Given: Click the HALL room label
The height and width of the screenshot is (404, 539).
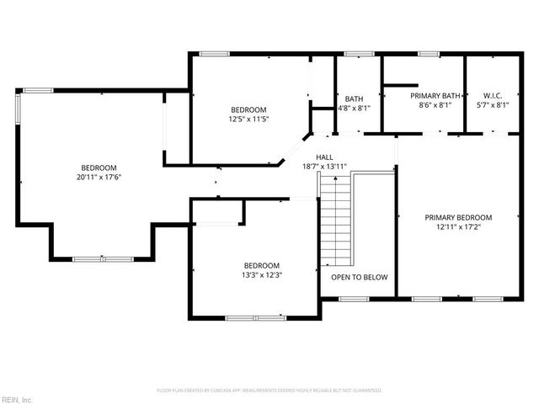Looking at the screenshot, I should click(x=324, y=157).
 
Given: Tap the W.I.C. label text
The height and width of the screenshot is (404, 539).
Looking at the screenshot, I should click(x=493, y=96).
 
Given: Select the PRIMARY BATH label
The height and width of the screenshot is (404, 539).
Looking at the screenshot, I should click(x=435, y=96).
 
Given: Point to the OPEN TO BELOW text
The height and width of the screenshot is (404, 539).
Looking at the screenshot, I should click(x=359, y=277).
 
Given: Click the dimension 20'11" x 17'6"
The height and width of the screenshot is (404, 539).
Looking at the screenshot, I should click(x=99, y=178).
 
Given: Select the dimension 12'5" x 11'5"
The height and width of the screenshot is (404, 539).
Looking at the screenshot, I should click(x=248, y=120).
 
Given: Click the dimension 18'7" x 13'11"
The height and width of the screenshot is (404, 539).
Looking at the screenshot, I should click(x=324, y=167).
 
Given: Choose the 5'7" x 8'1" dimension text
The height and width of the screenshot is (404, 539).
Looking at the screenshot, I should click(x=493, y=106).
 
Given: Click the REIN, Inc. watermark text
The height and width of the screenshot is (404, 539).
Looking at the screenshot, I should click(x=17, y=399).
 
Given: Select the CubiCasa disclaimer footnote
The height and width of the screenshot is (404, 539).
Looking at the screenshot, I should click(x=269, y=391).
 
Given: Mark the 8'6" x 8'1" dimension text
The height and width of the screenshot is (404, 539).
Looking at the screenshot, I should click(x=435, y=106).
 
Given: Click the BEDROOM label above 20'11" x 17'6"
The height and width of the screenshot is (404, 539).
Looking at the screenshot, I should click(x=99, y=167).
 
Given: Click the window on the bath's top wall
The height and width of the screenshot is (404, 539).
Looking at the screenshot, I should click(x=359, y=56).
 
